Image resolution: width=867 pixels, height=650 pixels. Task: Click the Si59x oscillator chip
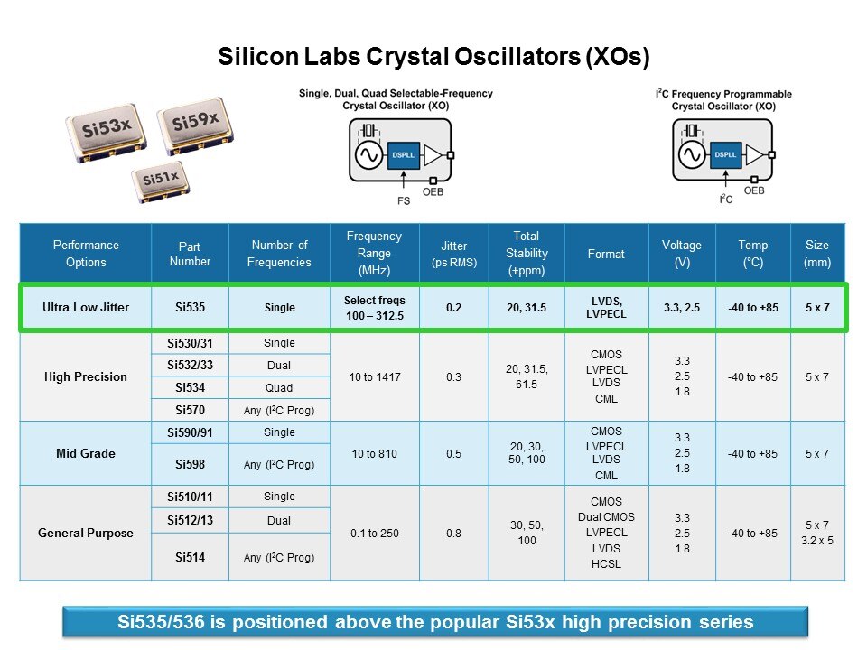pyautogui.click(x=195, y=125)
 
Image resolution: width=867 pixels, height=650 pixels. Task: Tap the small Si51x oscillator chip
pyautogui.click(x=161, y=181)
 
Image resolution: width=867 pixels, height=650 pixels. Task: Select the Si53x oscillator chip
pyautogui.click(x=107, y=133)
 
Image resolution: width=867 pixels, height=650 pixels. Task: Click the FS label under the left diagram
pyautogui.click(x=404, y=200)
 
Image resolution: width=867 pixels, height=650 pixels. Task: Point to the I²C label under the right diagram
pyautogui.click(x=726, y=199)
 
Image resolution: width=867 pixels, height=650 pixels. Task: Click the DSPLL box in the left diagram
pyautogui.click(x=403, y=155)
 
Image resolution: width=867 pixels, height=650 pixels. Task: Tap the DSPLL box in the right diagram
pyautogui.click(x=725, y=154)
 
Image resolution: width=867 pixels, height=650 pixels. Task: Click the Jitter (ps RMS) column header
pyautogui.click(x=454, y=254)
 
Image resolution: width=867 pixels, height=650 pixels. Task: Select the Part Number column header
pyautogui.click(x=190, y=254)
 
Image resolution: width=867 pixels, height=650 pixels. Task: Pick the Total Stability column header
pyautogui.click(x=527, y=253)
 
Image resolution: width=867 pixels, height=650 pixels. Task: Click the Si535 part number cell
pyautogui.click(x=190, y=307)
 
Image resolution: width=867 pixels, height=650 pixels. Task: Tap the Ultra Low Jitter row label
pyautogui.click(x=86, y=307)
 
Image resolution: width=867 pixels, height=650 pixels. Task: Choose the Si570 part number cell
pyautogui.click(x=190, y=410)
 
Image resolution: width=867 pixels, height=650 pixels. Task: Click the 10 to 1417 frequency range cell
pyautogui.click(x=374, y=377)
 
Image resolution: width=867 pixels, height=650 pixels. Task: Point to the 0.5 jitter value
pyautogui.click(x=453, y=454)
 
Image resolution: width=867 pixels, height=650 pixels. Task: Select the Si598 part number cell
pyautogui.click(x=190, y=464)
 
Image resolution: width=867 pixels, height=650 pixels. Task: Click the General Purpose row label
pyautogui.click(x=86, y=533)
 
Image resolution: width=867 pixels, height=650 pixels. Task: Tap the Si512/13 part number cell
pyautogui.click(x=190, y=520)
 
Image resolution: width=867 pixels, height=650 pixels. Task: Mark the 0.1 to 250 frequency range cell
pyautogui.click(x=374, y=534)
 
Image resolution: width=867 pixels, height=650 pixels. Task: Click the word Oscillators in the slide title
pyautogui.click(x=517, y=56)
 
